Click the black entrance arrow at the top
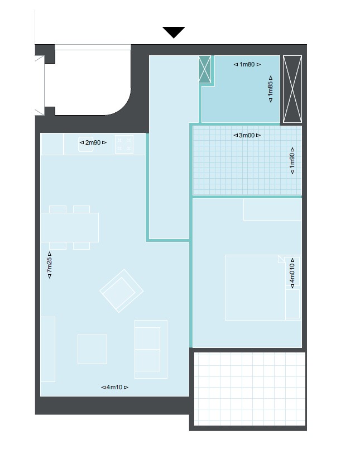(x=174, y=32)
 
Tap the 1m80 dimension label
(x=247, y=64)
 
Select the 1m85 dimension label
(x=270, y=89)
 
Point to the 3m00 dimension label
(x=247, y=135)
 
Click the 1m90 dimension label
(x=292, y=161)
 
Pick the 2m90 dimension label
(x=93, y=142)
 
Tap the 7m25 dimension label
(x=49, y=265)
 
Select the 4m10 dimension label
(x=114, y=387)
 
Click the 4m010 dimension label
(x=292, y=273)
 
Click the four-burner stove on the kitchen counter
(x=124, y=145)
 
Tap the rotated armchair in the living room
(x=122, y=291)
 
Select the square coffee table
(x=92, y=349)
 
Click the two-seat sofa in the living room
(x=151, y=349)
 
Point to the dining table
(x=70, y=227)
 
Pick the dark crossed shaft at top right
(x=292, y=89)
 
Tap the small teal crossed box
(x=205, y=69)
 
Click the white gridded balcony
(x=249, y=389)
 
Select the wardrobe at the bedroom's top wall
(x=272, y=209)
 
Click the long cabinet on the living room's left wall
(x=48, y=349)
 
